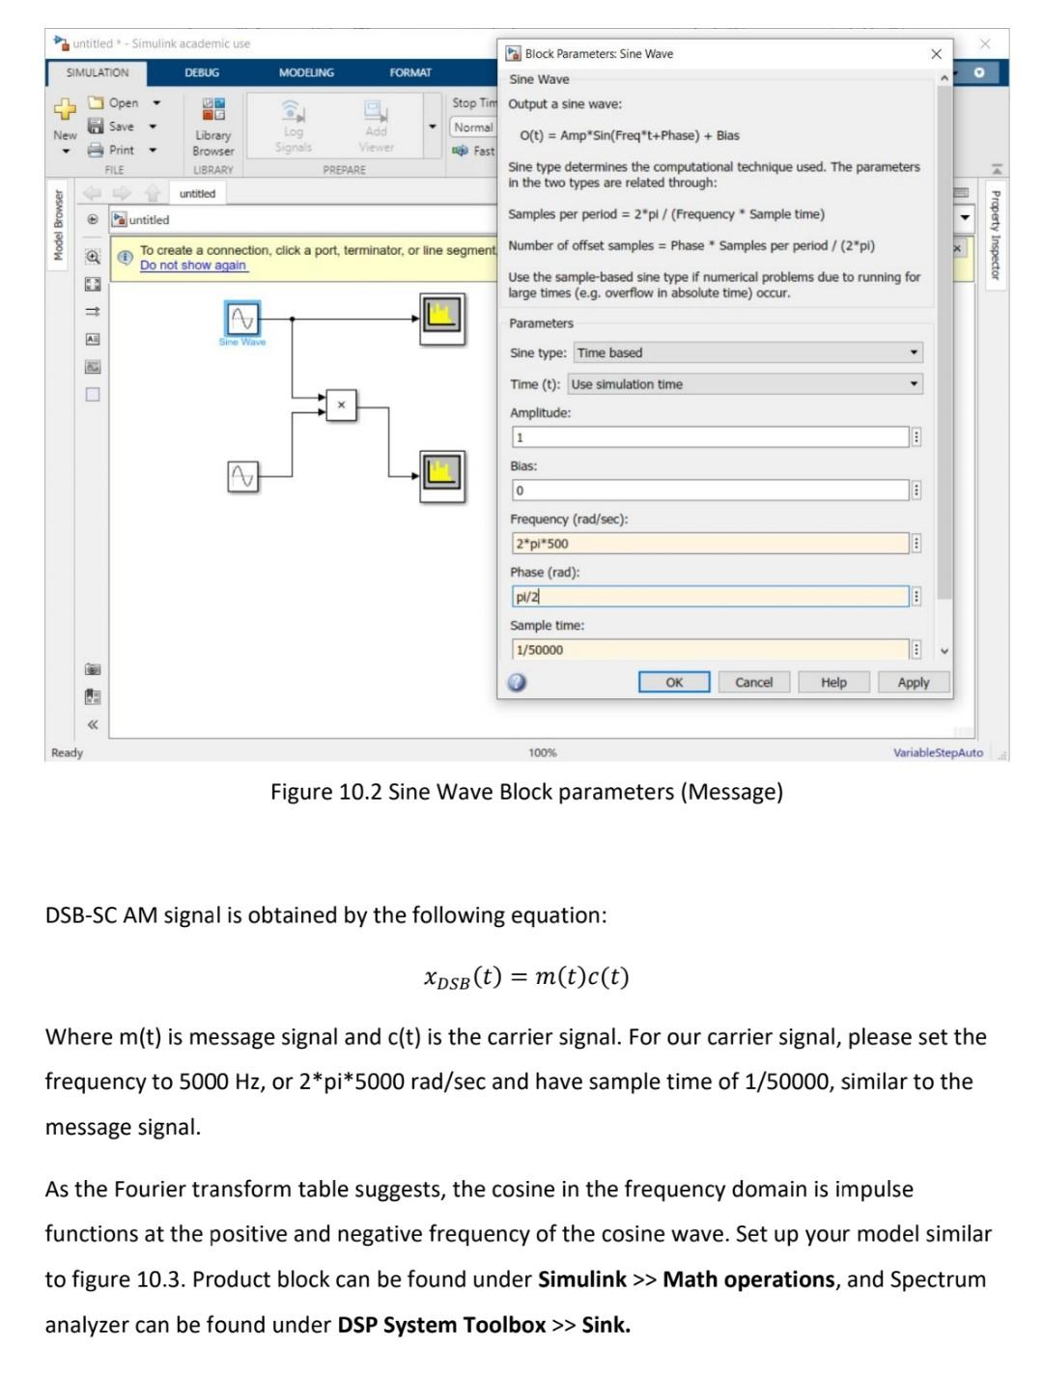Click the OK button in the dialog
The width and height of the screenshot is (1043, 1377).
point(673,682)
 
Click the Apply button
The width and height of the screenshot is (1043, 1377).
point(913,682)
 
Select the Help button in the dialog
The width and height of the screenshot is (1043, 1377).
point(832,682)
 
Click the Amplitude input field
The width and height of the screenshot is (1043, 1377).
point(710,437)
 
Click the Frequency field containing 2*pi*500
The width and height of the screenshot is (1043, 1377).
point(710,544)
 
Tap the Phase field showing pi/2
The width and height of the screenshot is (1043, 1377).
point(710,597)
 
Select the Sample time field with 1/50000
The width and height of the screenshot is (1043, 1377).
point(710,650)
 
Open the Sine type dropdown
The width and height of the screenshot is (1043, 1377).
point(747,352)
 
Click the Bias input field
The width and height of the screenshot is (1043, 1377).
point(710,491)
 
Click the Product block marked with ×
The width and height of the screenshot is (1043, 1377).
point(341,406)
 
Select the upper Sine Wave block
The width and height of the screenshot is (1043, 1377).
point(241,318)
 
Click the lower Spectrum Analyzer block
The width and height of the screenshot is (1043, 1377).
point(442,474)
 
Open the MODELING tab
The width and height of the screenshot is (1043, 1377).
point(306,72)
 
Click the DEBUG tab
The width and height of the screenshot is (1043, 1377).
point(202,72)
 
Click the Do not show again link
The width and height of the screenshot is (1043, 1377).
point(193,266)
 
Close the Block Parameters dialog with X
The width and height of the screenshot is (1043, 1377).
point(935,54)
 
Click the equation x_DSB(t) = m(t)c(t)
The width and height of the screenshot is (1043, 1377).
point(526,977)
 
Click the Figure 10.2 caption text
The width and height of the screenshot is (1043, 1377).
point(526,792)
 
